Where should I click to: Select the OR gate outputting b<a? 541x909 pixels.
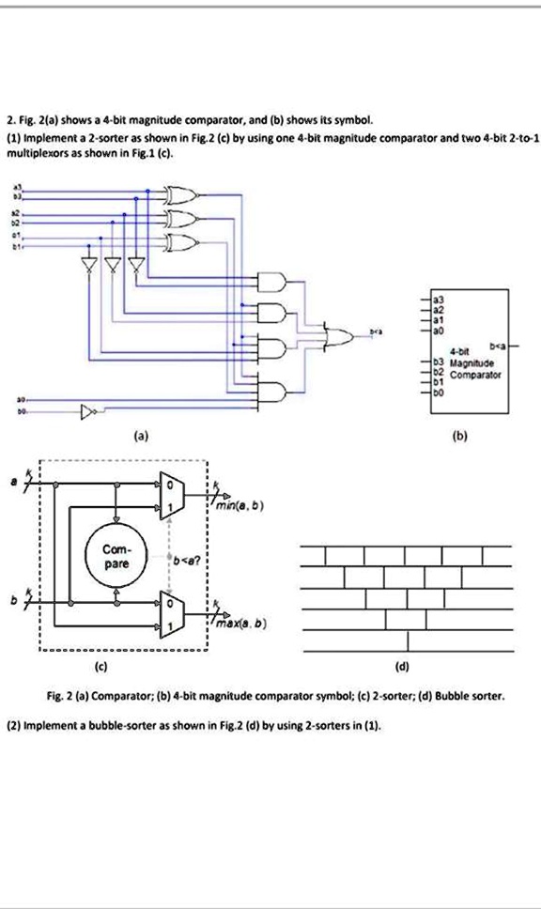(x=335, y=334)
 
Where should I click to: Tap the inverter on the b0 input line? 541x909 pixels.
(x=90, y=411)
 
